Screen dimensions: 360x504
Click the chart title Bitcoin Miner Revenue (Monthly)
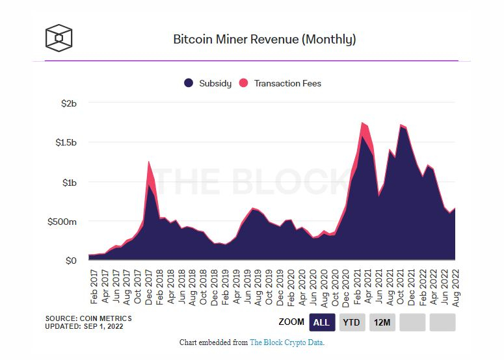(x=264, y=39)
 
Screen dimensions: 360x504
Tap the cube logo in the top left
(x=59, y=38)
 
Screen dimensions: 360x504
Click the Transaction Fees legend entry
(x=281, y=83)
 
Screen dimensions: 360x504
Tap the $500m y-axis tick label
(x=62, y=222)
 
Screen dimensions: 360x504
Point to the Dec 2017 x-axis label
(x=149, y=285)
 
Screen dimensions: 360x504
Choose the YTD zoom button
(x=352, y=322)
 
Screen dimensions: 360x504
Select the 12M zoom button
(x=382, y=322)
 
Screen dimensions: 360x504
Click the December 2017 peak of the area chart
(x=149, y=162)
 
